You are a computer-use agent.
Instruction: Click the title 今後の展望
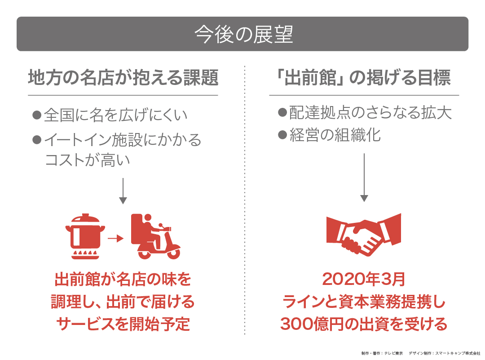pos(243,35)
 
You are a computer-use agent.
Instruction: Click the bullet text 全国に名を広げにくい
pos(115,116)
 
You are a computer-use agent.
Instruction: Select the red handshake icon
pos(364,235)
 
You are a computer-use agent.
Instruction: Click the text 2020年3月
pos(364,280)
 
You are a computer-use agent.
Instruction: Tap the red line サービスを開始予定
pos(123,324)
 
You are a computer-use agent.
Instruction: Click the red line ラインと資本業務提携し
pos(364,302)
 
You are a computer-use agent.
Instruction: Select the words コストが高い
pos(88,160)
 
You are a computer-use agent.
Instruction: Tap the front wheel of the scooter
pos(173,253)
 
